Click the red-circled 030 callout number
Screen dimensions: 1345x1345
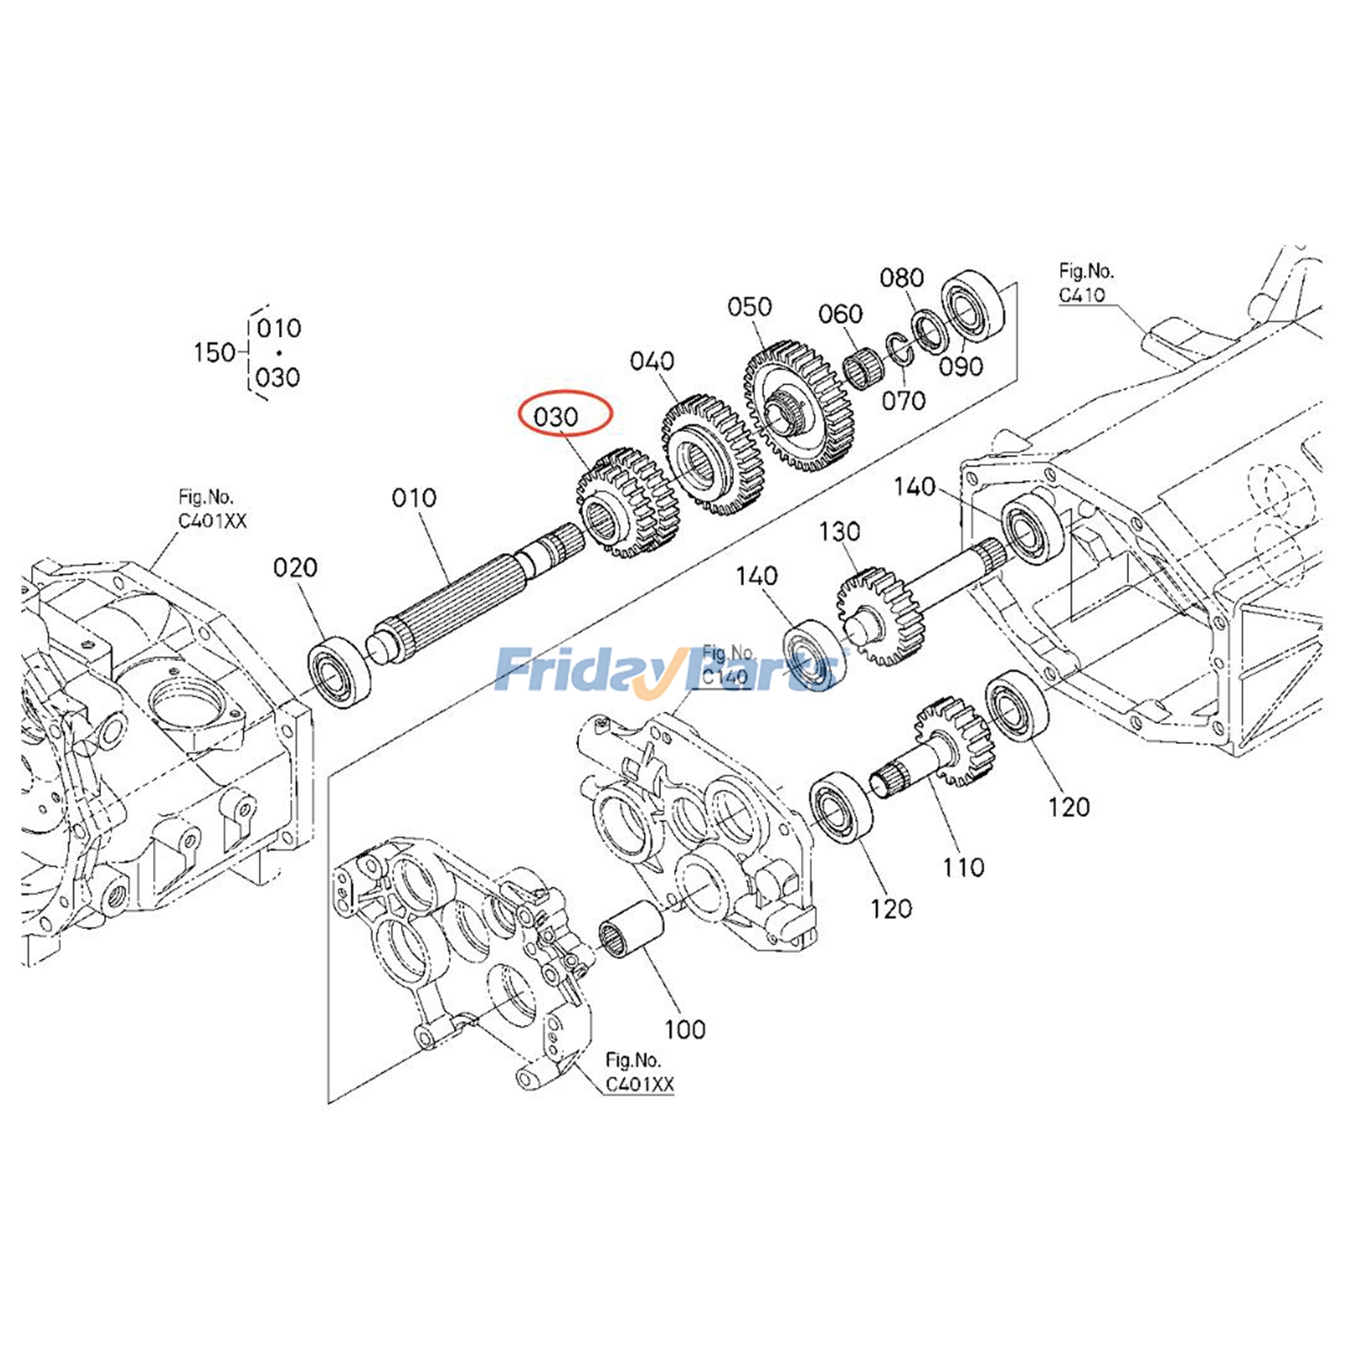point(556,416)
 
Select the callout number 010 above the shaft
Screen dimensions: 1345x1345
point(414,498)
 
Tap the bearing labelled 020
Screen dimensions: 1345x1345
point(340,672)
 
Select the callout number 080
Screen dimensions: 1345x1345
point(901,277)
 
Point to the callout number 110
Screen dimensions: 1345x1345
point(963,867)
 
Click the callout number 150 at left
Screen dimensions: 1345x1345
point(214,352)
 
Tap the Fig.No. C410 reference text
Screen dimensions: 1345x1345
point(1085,282)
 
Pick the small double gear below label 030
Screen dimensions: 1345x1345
point(626,503)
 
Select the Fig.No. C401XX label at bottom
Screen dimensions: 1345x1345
point(639,1073)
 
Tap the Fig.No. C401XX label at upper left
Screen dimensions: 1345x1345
point(212,509)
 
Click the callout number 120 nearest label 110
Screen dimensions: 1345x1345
point(891,909)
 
